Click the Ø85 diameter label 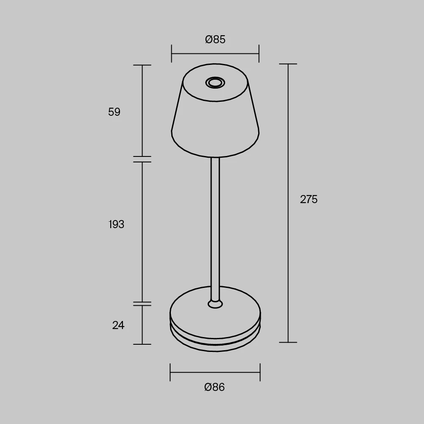tap(215, 39)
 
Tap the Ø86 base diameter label tap(215, 387)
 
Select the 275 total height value tap(309, 199)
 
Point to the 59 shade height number tap(114, 112)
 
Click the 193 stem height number tap(116, 224)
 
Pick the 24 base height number tap(118, 325)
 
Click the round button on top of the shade tap(215, 83)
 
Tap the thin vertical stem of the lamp tap(215, 229)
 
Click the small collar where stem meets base tap(215, 304)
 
